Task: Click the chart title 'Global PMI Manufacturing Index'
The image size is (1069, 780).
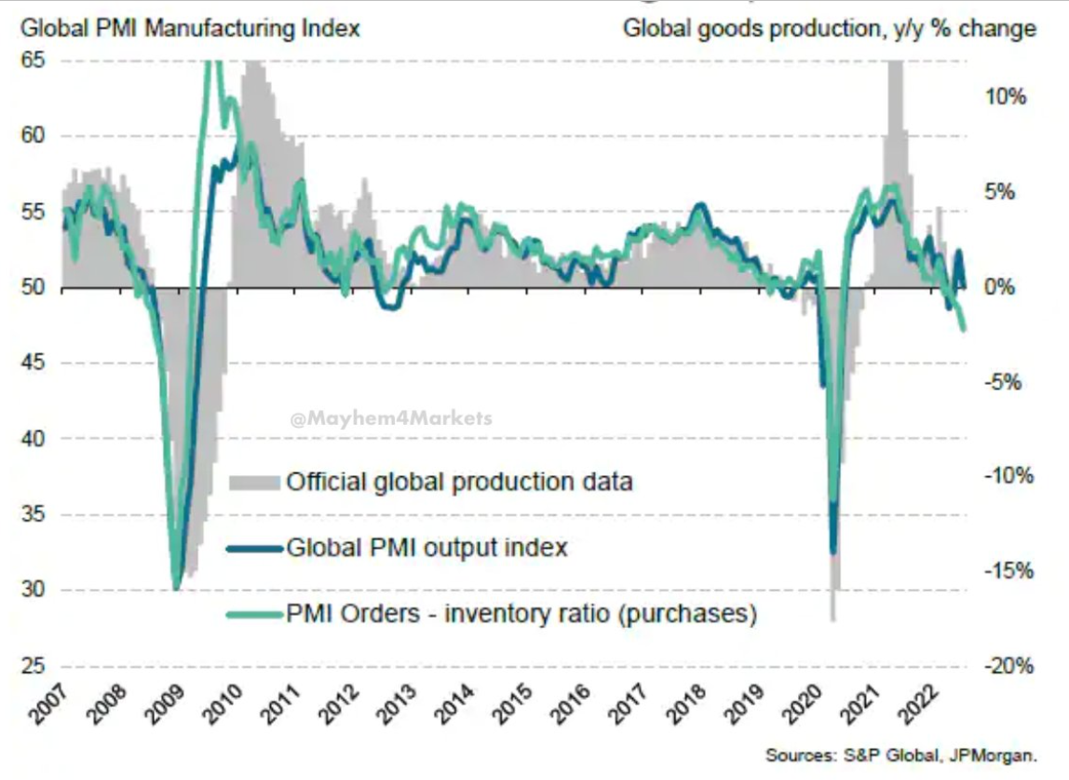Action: click(190, 28)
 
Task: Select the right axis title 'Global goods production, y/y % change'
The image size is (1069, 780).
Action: click(829, 28)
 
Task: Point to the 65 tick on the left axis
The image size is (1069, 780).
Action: click(34, 60)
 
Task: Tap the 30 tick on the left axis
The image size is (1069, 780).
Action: click(34, 590)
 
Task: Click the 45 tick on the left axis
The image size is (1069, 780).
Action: click(34, 363)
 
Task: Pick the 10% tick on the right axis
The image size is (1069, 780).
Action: click(1006, 97)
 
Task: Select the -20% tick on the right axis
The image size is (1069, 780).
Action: click(1008, 666)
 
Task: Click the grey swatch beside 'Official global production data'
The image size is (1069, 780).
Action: click(254, 482)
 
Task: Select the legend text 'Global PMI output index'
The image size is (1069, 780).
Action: click(426, 547)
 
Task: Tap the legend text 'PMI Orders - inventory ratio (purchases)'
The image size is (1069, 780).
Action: click(521, 614)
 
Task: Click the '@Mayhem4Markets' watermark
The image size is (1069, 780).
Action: click(391, 419)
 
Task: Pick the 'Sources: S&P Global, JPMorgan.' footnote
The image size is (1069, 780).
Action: click(901, 755)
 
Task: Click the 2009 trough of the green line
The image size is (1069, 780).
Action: click(175, 589)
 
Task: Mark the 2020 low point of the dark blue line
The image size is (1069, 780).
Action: click(833, 552)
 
